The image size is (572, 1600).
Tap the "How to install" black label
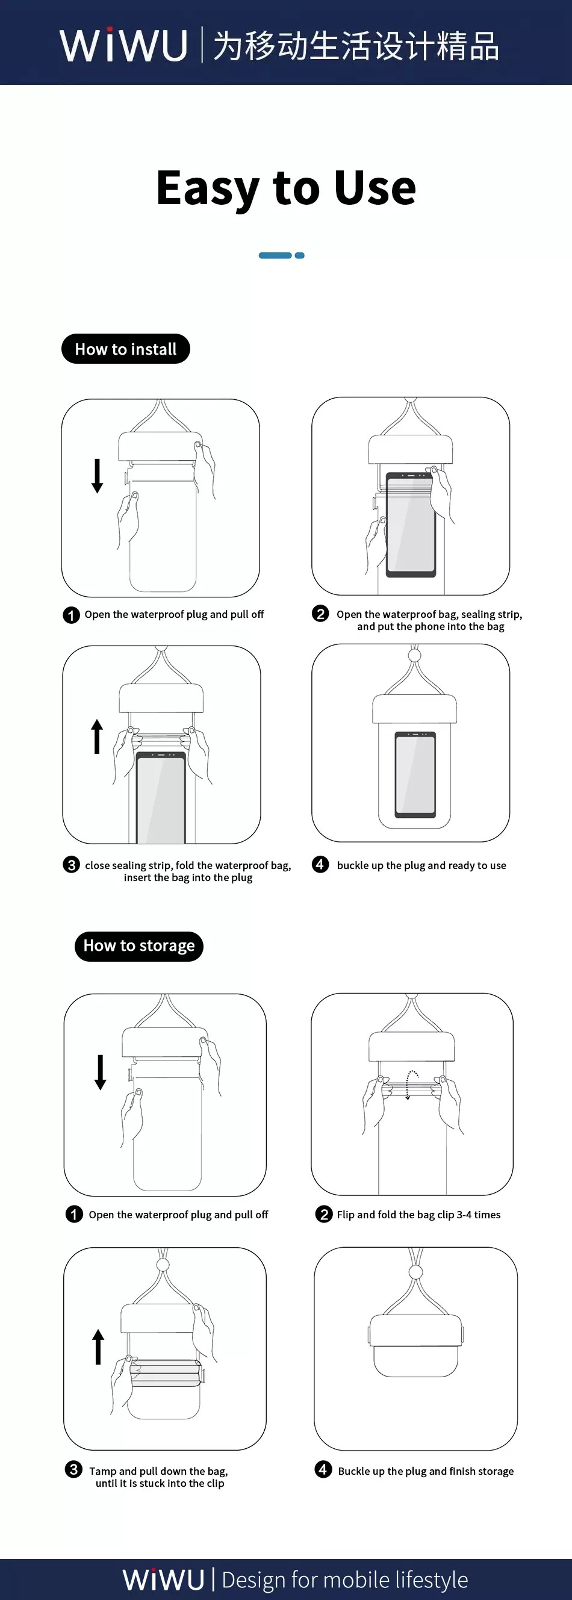[125, 349]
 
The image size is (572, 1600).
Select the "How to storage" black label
[139, 946]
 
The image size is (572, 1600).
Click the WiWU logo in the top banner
[123, 45]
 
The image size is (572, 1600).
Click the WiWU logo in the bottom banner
[163, 1579]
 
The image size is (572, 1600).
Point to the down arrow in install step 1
[97, 476]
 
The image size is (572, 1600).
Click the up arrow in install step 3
[97, 736]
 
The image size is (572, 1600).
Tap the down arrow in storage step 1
[100, 1072]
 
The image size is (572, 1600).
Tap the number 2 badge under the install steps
[320, 614]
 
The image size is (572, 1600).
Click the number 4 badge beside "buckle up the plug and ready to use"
[320, 864]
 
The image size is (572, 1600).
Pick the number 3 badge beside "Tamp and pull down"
[73, 1469]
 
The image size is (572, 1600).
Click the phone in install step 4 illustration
[415, 775]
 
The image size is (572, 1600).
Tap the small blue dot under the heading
[299, 255]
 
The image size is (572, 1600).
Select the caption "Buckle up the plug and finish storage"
[426, 1471]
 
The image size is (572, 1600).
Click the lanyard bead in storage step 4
[415, 1272]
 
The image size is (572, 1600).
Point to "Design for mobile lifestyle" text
[344, 1580]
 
